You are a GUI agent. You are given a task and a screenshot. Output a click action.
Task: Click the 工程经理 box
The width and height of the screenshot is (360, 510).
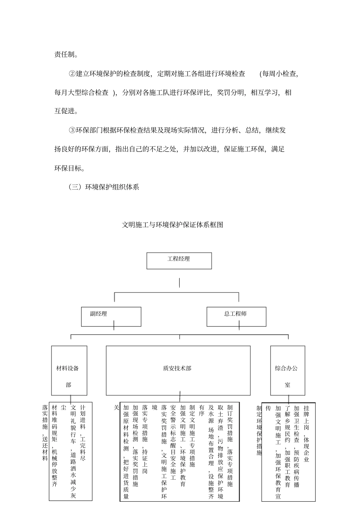(x=179, y=260)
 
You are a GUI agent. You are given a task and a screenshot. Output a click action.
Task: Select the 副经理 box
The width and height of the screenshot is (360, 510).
(x=111, y=317)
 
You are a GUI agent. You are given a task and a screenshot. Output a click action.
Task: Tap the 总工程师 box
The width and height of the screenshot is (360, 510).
(x=236, y=317)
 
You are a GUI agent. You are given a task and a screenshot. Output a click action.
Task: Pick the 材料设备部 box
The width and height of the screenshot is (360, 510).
(x=69, y=370)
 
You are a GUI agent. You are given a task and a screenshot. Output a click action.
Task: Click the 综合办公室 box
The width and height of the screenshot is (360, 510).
(x=287, y=370)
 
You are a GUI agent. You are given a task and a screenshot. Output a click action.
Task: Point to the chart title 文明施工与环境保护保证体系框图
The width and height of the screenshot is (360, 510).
(x=172, y=225)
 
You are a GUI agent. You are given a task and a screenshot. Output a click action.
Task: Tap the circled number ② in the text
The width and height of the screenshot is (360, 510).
(x=72, y=74)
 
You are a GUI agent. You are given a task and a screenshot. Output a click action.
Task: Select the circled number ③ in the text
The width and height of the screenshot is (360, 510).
(x=72, y=130)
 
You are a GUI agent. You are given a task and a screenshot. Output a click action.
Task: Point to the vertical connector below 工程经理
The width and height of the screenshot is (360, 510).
(x=179, y=282)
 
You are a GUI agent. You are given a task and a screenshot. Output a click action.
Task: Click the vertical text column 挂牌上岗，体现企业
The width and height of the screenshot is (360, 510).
(x=307, y=434)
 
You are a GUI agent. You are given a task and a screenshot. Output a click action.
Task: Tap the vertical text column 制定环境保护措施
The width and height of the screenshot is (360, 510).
(x=259, y=430)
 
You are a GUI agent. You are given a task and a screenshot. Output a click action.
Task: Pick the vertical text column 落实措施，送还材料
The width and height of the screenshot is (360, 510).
(x=45, y=432)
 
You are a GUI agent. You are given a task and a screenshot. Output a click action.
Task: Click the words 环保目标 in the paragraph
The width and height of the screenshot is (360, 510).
(x=68, y=168)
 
